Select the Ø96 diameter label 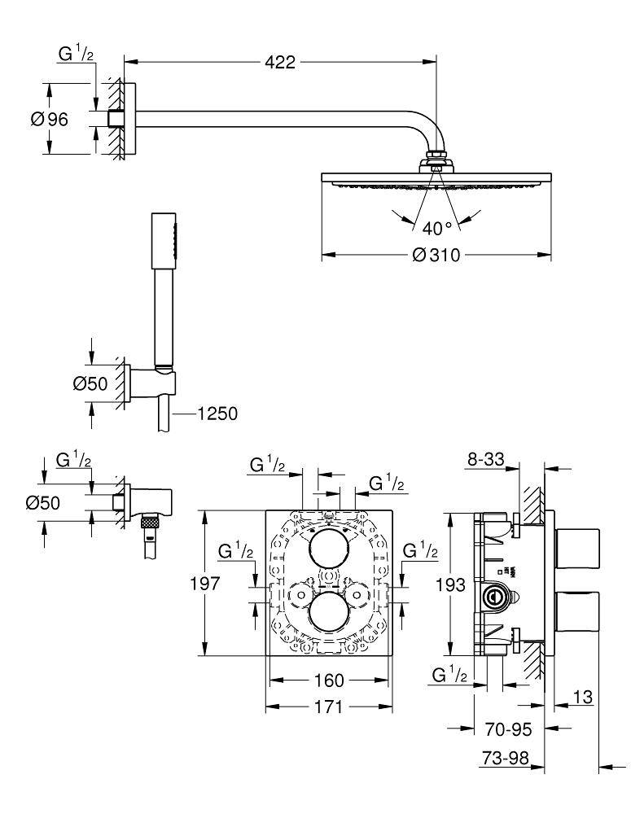click(x=50, y=119)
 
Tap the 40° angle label click(x=436, y=228)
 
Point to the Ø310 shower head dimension click(x=436, y=256)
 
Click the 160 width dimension click(x=329, y=681)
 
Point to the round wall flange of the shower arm click(x=132, y=119)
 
